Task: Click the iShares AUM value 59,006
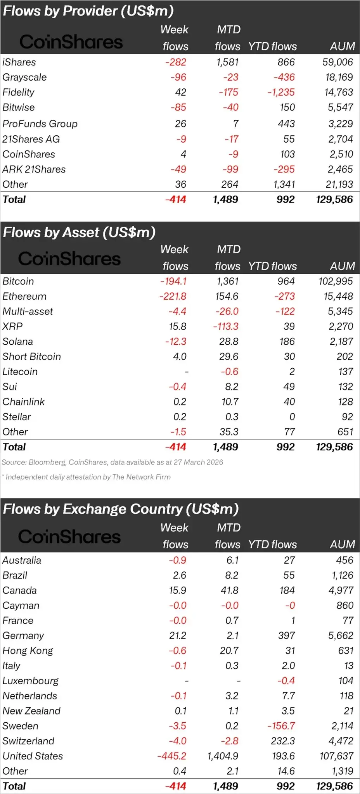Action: [x=337, y=62]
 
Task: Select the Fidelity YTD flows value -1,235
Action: [x=281, y=92]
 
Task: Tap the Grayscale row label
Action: [x=24, y=77]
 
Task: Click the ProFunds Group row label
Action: [x=40, y=124]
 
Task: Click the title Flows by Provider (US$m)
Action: [x=88, y=11]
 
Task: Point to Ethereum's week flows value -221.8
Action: [x=173, y=297]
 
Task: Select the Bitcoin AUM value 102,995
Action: [x=336, y=281]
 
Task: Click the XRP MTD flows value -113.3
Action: [x=226, y=326]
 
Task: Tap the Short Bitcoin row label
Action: [x=32, y=357]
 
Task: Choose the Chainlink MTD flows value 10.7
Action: [x=230, y=402]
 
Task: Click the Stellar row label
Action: [x=17, y=417]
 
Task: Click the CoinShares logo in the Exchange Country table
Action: [x=69, y=537]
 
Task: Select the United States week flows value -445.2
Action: [x=171, y=756]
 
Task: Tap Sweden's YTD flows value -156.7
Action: [x=281, y=726]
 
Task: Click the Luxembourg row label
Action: [x=30, y=681]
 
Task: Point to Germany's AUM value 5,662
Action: [x=341, y=635]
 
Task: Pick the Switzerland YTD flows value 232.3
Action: [x=283, y=741]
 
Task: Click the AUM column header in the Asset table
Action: [x=342, y=266]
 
